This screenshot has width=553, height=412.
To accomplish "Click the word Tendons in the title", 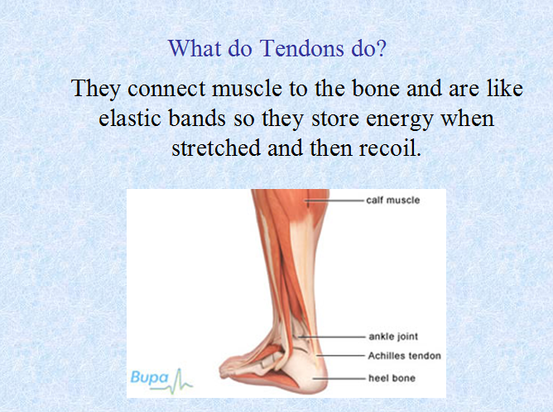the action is click(x=302, y=48).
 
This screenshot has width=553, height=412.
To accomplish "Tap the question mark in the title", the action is click(x=381, y=48).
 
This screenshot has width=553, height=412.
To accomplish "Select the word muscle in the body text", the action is click(x=247, y=88).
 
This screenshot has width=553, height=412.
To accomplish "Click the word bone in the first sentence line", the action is click(x=376, y=88).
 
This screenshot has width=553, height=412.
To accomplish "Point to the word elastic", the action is click(x=130, y=118).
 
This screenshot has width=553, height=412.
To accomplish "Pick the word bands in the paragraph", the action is click(x=197, y=118).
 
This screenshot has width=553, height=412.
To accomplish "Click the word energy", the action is click(x=400, y=119).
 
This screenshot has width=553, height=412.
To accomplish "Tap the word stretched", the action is click(x=216, y=148).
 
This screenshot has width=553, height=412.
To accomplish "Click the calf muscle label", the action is click(x=393, y=200).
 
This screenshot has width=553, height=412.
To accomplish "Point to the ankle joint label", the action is click(x=393, y=337).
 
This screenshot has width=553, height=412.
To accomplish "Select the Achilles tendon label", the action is click(x=405, y=356).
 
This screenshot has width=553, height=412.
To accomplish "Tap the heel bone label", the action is click(x=392, y=378).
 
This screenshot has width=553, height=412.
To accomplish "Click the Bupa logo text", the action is click(x=150, y=378).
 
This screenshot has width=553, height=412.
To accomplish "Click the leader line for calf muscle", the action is click(x=335, y=201).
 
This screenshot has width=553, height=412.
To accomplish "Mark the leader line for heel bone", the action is click(x=339, y=379).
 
